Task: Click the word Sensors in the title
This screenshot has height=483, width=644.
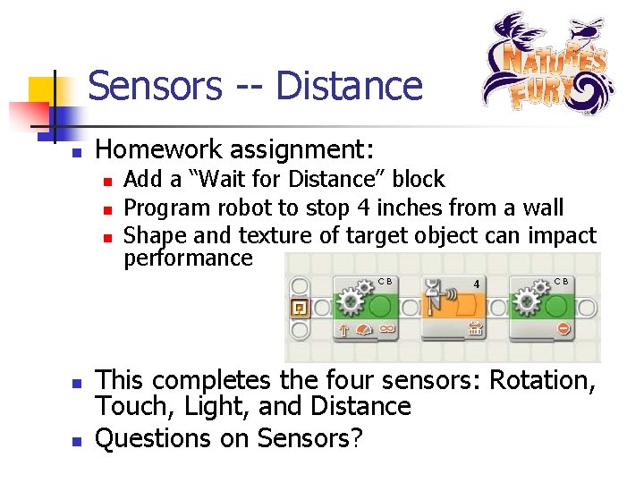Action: coord(154,87)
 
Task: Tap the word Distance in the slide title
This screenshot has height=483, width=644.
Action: coord(349,87)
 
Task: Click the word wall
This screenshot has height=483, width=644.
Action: coord(539,208)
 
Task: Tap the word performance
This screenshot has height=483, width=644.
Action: coord(188,259)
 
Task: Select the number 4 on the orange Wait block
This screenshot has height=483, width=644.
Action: coord(477,284)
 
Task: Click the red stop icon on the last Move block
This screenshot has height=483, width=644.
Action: coord(563,329)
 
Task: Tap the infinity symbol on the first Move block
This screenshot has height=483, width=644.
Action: coord(387,330)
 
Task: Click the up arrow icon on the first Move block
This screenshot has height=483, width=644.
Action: coord(343,330)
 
